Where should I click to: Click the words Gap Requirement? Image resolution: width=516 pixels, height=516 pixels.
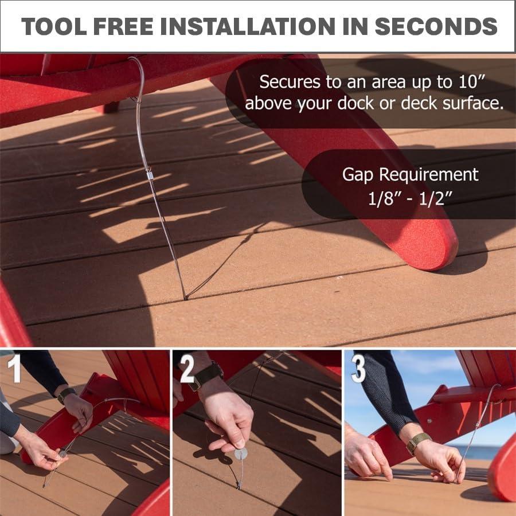[410, 174]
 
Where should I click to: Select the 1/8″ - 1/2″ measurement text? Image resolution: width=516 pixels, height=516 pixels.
[410, 201]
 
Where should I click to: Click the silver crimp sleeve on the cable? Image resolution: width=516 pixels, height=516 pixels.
[150, 173]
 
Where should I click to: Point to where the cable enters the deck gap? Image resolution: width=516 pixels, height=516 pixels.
[185, 298]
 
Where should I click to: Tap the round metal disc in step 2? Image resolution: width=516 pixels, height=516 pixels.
[241, 454]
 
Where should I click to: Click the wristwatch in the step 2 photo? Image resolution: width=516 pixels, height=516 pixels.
[208, 374]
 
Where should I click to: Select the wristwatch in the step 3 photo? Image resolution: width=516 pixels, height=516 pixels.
[418, 443]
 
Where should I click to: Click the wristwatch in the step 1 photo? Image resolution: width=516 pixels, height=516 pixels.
[67, 394]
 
